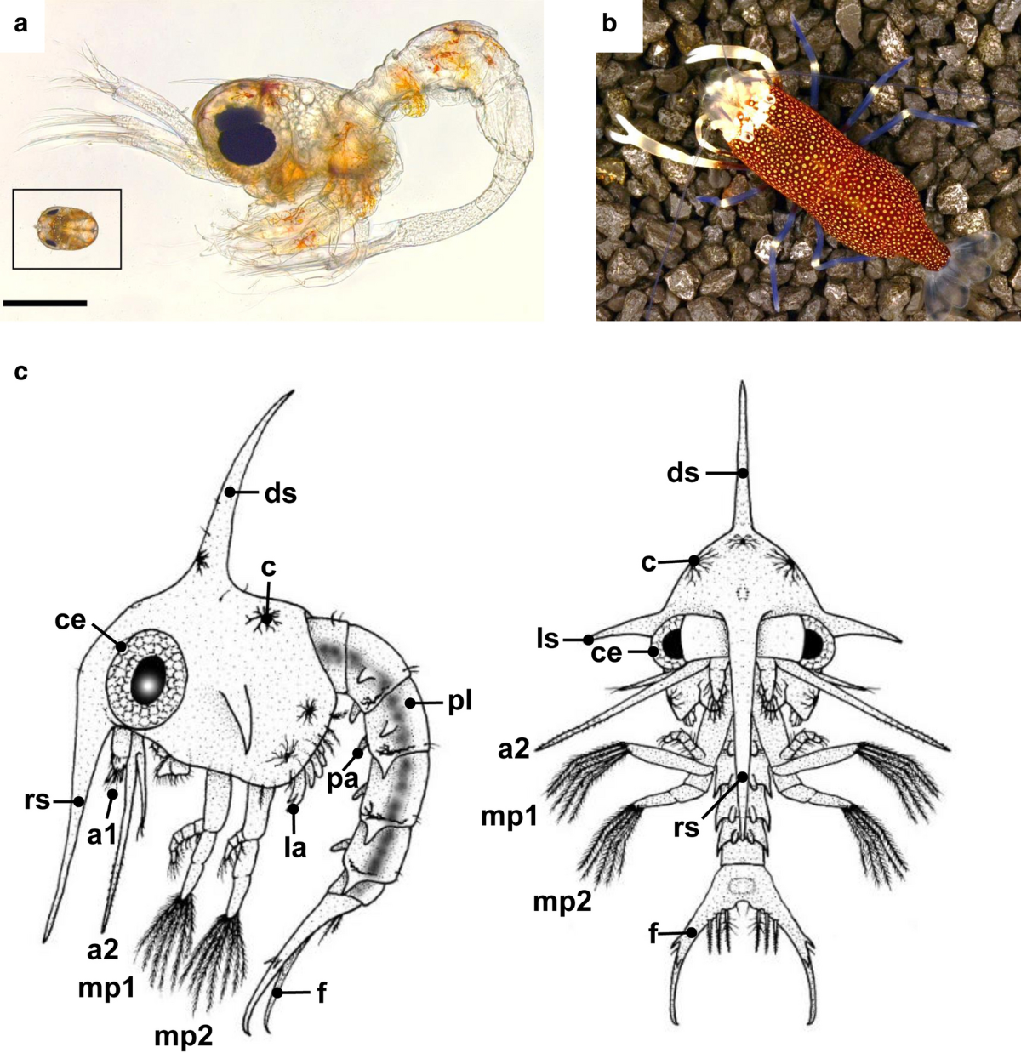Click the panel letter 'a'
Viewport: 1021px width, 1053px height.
[20, 24]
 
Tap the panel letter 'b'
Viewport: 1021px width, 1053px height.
[609, 24]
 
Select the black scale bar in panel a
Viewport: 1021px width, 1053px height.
[44, 302]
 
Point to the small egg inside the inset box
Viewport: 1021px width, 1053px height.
[66, 228]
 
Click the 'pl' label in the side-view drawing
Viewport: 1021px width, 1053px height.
[459, 703]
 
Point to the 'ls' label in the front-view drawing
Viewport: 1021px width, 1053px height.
[548, 637]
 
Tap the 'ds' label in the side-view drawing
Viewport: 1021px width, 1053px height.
[281, 492]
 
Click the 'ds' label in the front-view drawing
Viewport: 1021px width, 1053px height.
[683, 472]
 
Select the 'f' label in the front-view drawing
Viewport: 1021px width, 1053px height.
[654, 934]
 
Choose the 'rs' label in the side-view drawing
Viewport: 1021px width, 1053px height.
[37, 800]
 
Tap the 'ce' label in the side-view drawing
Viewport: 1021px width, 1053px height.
[70, 620]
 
